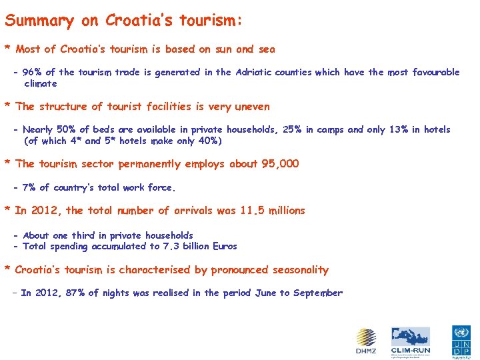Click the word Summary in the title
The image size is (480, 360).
click(39, 21)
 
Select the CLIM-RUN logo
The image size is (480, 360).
click(411, 341)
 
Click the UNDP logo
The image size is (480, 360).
click(461, 342)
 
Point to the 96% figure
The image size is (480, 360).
click(32, 73)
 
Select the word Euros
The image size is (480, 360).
click(223, 247)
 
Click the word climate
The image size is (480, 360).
click(41, 84)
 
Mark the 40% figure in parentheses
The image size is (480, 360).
click(205, 141)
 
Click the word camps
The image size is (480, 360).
click(331, 130)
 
